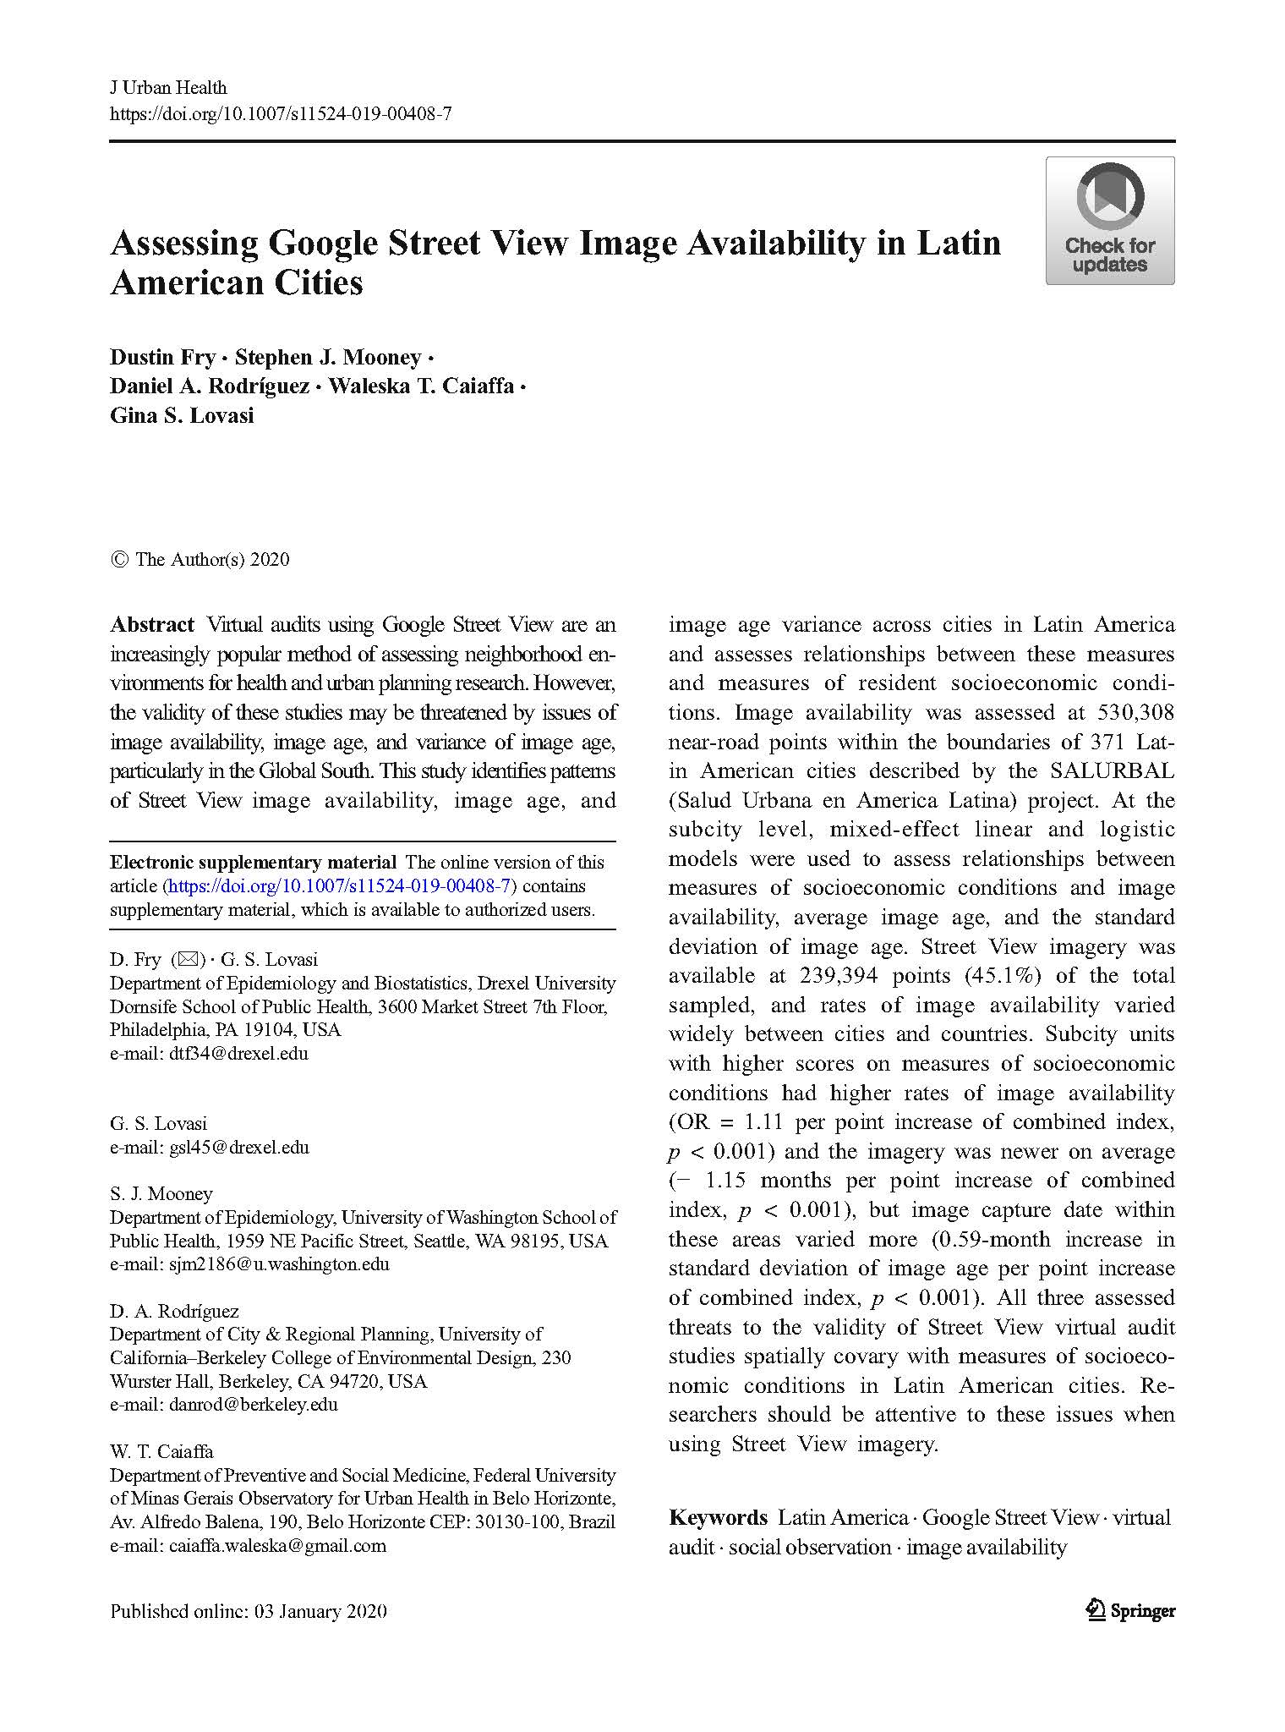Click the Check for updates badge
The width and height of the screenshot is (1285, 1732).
[x=1109, y=221]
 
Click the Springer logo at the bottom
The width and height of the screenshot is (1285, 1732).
[x=1130, y=1610]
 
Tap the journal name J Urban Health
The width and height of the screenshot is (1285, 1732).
[x=168, y=87]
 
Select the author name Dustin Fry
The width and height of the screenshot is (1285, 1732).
[x=162, y=358]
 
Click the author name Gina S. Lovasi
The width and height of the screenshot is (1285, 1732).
[x=182, y=415]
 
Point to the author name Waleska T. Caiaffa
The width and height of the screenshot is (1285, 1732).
[x=421, y=386]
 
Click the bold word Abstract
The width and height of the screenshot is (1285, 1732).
[x=152, y=625]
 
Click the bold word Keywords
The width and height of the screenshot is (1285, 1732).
[x=718, y=1517]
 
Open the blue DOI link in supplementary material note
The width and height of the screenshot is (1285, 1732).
[x=339, y=886]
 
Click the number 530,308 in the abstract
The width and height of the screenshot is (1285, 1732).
[x=1135, y=713]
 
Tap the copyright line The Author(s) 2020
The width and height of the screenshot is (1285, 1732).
[x=211, y=559]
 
